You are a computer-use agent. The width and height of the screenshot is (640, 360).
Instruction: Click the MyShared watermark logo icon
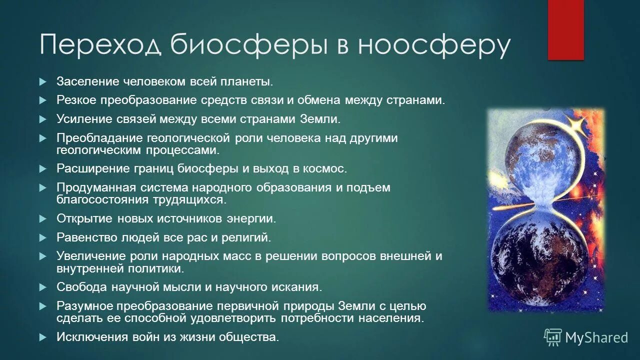point(553,337)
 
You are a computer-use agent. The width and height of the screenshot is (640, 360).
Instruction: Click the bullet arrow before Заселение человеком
point(43,81)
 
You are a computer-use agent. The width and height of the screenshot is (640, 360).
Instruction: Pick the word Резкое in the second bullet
point(76,100)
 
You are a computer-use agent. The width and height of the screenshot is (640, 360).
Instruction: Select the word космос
point(323,168)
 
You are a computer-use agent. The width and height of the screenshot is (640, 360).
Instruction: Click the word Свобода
point(81,287)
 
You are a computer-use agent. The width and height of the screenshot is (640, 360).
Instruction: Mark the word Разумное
point(84,306)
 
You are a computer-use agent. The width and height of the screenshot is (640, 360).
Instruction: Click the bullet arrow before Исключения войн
point(43,337)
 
